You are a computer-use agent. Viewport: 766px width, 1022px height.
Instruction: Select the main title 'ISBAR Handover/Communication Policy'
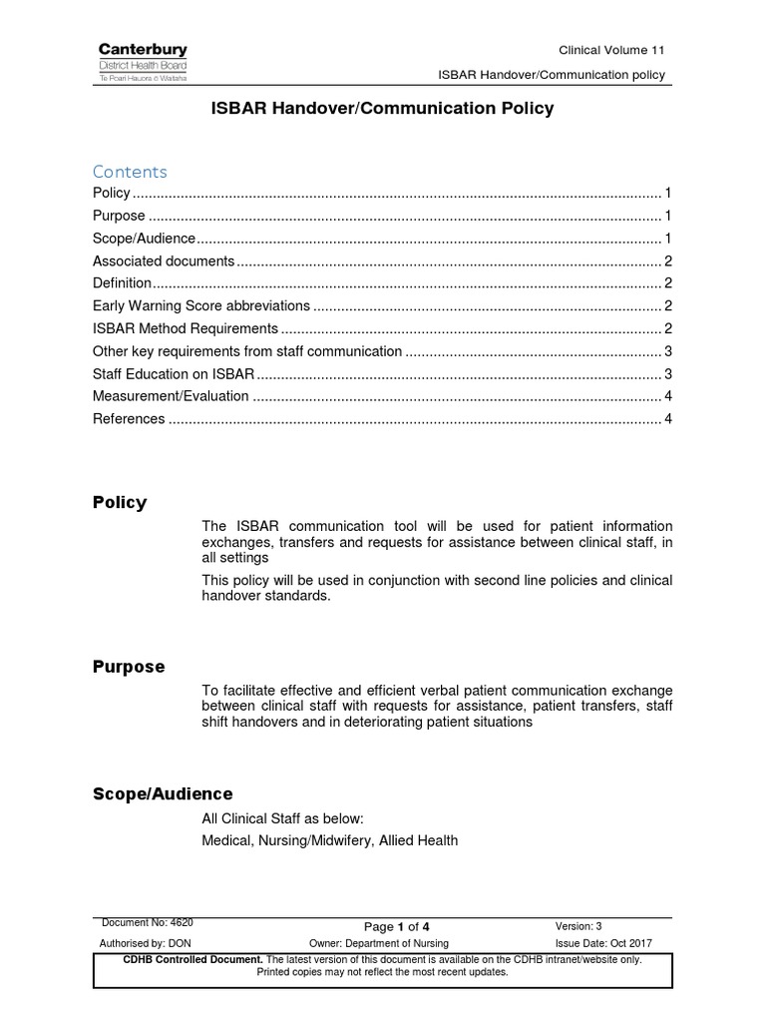coord(382,109)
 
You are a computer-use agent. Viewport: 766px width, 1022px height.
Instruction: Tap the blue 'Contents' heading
coord(130,171)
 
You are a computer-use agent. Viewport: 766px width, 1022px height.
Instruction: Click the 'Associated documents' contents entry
coord(164,260)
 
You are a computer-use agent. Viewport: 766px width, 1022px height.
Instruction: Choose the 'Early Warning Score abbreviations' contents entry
coord(200,306)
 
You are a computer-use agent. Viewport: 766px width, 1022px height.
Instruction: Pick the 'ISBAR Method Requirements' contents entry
coord(185,328)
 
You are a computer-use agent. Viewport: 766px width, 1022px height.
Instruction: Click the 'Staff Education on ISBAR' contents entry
coord(174,374)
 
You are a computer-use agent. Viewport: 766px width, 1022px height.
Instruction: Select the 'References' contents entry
coord(129,419)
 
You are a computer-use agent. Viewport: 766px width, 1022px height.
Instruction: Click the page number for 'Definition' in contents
coord(667,283)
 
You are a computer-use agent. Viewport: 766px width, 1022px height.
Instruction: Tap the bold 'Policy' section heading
coord(120,502)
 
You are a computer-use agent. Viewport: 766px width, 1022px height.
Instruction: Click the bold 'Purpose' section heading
coord(129,667)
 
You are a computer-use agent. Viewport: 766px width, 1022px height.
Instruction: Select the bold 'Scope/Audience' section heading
coord(163,793)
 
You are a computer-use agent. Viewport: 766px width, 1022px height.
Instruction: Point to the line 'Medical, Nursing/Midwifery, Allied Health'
coord(329,840)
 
